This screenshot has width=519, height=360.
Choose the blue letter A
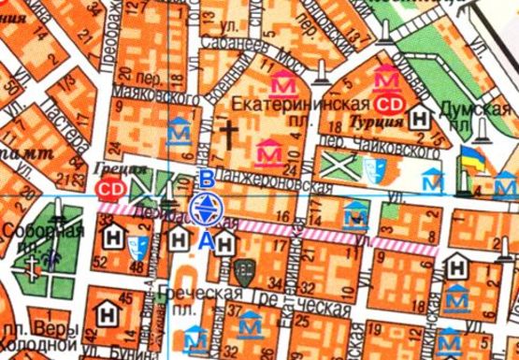point(206,239)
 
